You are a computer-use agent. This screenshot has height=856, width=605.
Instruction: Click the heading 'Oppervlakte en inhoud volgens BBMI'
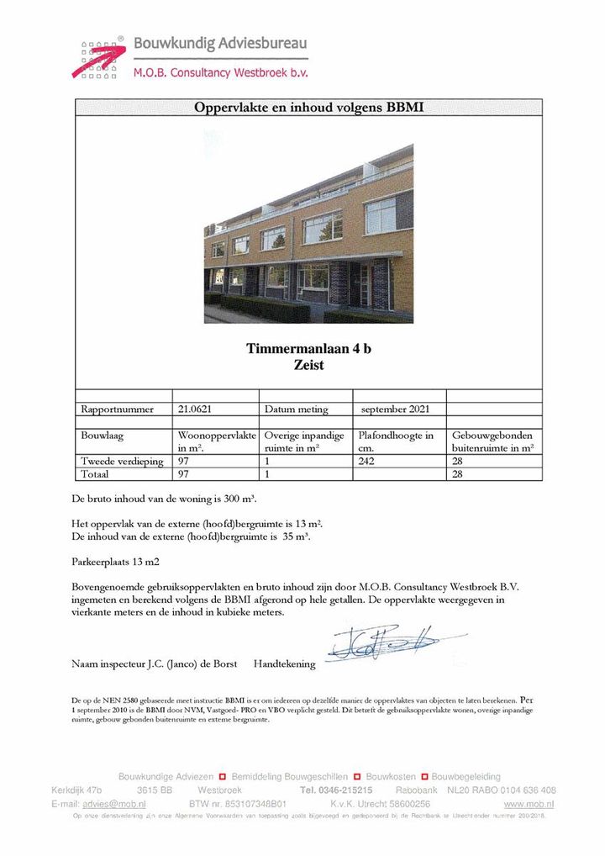click(308, 108)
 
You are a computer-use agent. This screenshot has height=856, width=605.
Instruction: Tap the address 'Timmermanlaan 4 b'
click(308, 349)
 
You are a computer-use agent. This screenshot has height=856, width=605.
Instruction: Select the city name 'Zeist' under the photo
click(308, 365)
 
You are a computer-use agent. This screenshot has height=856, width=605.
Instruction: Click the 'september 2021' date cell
click(395, 410)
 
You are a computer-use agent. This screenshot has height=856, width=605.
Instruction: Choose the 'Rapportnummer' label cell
click(118, 410)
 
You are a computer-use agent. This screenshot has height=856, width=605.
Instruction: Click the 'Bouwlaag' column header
click(102, 436)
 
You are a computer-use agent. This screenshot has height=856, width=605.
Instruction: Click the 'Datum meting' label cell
click(296, 410)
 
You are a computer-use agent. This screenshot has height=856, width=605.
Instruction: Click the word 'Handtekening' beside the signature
click(284, 664)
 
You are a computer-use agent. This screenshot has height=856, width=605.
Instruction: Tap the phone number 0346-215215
click(348, 790)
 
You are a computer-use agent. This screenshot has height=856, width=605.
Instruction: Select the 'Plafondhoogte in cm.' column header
click(396, 441)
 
